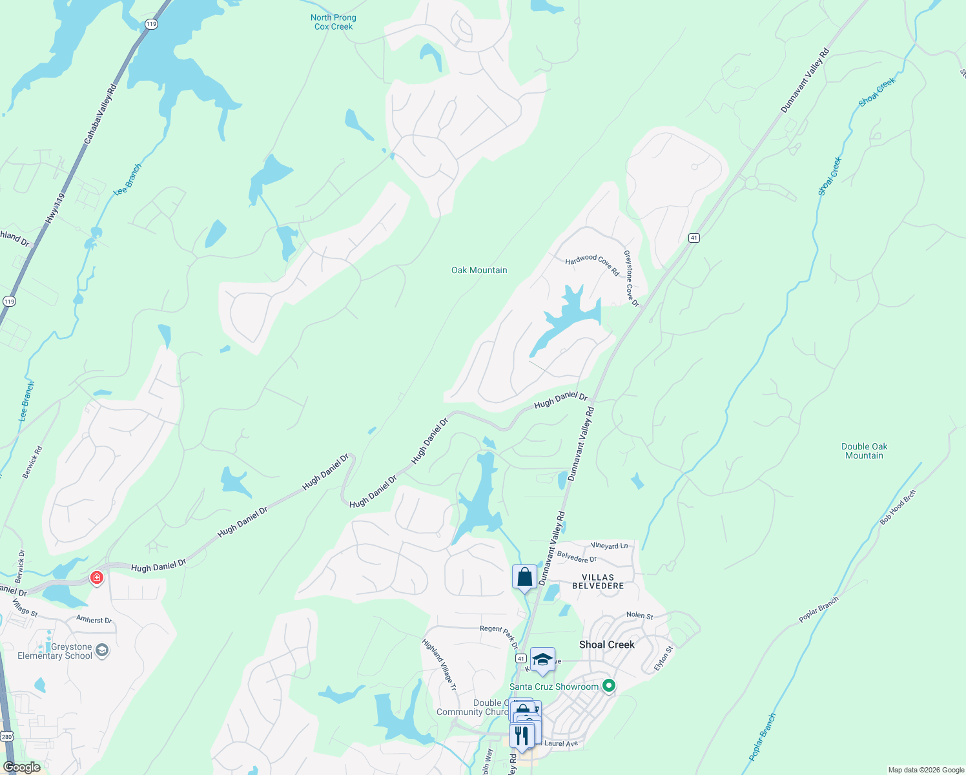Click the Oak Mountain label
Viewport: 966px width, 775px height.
click(479, 270)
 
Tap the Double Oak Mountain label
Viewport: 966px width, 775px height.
click(864, 451)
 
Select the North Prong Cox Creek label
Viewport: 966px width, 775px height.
click(333, 22)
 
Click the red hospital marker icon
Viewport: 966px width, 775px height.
click(97, 577)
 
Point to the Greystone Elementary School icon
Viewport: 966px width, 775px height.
click(102, 650)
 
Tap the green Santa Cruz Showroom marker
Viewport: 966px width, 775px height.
click(608, 686)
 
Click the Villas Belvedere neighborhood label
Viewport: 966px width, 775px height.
click(598, 581)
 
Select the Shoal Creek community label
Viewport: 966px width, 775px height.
click(606, 645)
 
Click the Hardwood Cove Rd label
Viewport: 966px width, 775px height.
click(592, 263)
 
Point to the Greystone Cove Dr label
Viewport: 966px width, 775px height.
click(631, 278)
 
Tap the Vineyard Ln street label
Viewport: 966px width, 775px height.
click(609, 546)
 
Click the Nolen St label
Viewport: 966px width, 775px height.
click(639, 615)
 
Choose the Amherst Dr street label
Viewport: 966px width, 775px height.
click(94, 619)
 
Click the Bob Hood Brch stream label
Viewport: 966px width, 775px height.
click(898, 507)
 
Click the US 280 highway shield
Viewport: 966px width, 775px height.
click(6, 736)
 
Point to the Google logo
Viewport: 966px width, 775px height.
click(22, 767)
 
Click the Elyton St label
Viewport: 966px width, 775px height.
click(664, 658)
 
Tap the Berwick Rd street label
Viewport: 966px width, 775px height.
click(32, 462)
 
